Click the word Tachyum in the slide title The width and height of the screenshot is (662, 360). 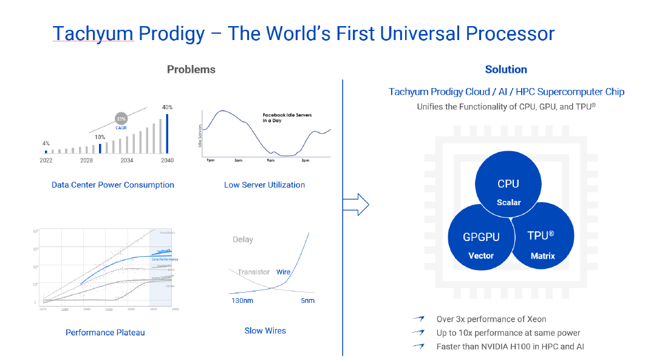click(x=92, y=33)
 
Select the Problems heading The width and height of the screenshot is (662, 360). click(x=191, y=69)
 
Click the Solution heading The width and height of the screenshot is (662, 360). click(x=506, y=69)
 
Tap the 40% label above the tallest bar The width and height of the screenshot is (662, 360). click(x=168, y=107)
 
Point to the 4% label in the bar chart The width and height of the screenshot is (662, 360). click(x=46, y=143)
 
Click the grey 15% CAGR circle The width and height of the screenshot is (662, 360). click(x=121, y=119)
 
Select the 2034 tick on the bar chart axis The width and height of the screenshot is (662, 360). click(x=127, y=160)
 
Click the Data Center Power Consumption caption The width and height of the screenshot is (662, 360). click(x=113, y=185)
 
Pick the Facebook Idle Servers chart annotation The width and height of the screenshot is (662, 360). click(x=287, y=117)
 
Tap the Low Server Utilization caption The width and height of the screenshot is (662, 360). click(x=264, y=185)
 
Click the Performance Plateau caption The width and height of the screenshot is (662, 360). click(x=105, y=332)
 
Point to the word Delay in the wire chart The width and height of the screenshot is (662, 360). click(x=243, y=239)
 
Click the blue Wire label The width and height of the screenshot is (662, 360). click(x=283, y=272)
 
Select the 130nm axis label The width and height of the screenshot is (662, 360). click(x=243, y=301)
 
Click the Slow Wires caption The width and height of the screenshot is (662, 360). click(x=265, y=331)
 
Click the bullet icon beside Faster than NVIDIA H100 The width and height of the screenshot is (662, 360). click(x=418, y=347)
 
